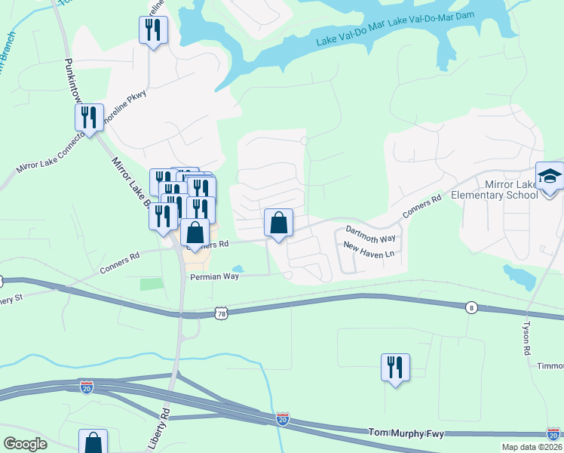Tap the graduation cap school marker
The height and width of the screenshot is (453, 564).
(x=550, y=177)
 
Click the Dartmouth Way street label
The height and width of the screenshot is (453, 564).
(x=370, y=233)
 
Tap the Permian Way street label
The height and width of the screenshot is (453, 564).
(x=214, y=277)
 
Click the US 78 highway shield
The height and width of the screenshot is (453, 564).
(x=220, y=313)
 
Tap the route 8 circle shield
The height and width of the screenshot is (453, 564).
(x=471, y=307)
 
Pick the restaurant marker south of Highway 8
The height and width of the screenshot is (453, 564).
(x=395, y=368)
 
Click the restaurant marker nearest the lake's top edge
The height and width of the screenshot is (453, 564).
(x=154, y=30)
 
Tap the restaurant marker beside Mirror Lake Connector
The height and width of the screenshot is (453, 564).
(x=89, y=118)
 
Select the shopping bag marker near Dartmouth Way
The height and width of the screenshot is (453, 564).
(x=278, y=223)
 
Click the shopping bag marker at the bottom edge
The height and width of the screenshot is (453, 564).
(x=93, y=442)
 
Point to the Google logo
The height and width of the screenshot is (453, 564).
(x=26, y=443)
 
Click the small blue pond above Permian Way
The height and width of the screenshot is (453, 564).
(x=238, y=268)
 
